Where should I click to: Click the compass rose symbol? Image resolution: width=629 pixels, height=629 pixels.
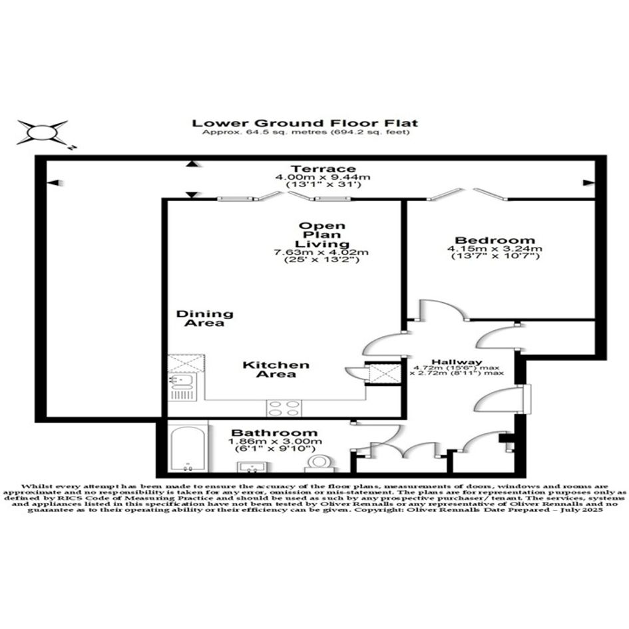(x=43, y=132)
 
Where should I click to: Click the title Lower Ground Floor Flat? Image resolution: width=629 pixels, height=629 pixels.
(x=305, y=123)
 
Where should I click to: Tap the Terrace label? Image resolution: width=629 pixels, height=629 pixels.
(x=323, y=168)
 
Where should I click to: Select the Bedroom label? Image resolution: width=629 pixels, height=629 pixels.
(x=495, y=240)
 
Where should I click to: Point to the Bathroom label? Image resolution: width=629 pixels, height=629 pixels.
(x=274, y=433)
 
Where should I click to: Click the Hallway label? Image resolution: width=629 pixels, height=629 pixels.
(x=457, y=361)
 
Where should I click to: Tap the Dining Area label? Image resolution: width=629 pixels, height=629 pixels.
(x=204, y=318)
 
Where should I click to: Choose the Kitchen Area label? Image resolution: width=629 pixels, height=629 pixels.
(x=276, y=369)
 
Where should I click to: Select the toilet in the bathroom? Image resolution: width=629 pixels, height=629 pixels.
(x=319, y=463)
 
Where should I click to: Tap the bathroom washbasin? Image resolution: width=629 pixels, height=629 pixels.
(x=253, y=467)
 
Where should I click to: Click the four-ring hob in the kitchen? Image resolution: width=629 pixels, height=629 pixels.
(x=284, y=408)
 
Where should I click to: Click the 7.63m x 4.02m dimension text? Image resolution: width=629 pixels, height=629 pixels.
(x=321, y=252)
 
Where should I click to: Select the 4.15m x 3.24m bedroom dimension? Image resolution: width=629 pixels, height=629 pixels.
(x=495, y=249)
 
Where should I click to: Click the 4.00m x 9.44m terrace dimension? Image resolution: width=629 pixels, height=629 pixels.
(x=323, y=177)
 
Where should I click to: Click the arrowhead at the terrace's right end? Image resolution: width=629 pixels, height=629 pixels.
(x=588, y=183)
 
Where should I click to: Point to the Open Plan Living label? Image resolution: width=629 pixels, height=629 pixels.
(x=322, y=235)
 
